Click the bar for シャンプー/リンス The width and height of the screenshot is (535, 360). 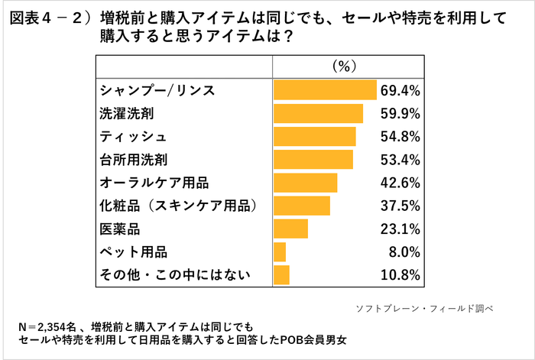(x=325, y=91)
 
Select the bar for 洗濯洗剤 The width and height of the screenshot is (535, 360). (x=318, y=114)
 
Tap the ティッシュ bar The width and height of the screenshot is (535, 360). (x=315, y=137)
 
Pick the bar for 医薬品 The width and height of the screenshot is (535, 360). (x=290, y=229)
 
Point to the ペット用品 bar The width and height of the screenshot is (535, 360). (x=280, y=251)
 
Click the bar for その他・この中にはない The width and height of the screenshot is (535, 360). (x=282, y=274)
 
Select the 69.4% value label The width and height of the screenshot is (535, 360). (x=400, y=91)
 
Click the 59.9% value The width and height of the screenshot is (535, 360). (x=400, y=114)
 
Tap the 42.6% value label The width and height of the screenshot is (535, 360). (x=400, y=183)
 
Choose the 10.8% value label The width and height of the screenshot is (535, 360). (x=400, y=274)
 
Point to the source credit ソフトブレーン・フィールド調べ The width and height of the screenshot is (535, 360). (x=425, y=309)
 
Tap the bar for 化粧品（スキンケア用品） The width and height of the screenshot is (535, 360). (x=302, y=206)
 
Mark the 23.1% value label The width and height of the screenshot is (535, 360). (x=400, y=229)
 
